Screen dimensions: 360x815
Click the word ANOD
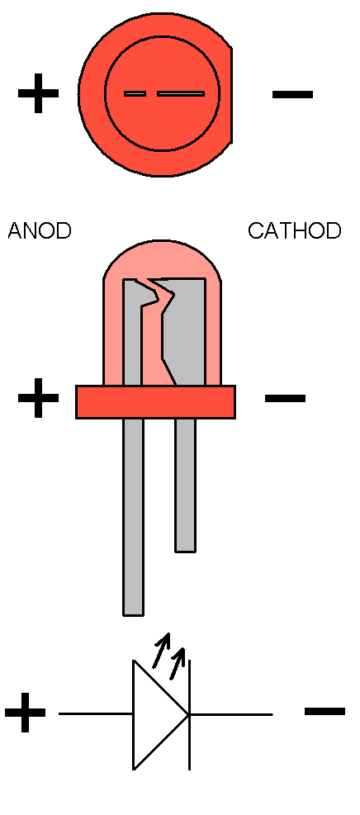pos(40,230)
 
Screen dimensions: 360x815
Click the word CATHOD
pos(295,230)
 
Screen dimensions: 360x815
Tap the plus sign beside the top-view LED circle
pos(39,94)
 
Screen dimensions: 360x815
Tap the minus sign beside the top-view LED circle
pos(292,94)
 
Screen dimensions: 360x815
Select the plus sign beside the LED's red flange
pos(39,398)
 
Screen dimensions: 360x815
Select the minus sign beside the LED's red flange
pos(285,398)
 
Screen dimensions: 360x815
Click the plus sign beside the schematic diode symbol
pos(26,713)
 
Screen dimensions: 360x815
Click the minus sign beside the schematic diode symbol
pos(324,711)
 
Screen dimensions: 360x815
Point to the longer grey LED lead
pos(134,517)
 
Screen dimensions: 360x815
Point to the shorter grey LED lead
pos(186,485)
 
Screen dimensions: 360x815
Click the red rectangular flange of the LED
pos(156,402)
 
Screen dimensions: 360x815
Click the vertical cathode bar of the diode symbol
pos(189,715)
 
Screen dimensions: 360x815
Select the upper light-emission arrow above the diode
pos(162,650)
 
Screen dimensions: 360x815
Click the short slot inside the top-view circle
pos(135,94)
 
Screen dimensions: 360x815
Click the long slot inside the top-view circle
pos(181,94)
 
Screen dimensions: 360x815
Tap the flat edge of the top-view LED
pos(231,95)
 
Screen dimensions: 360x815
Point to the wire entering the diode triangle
pos(96,713)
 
